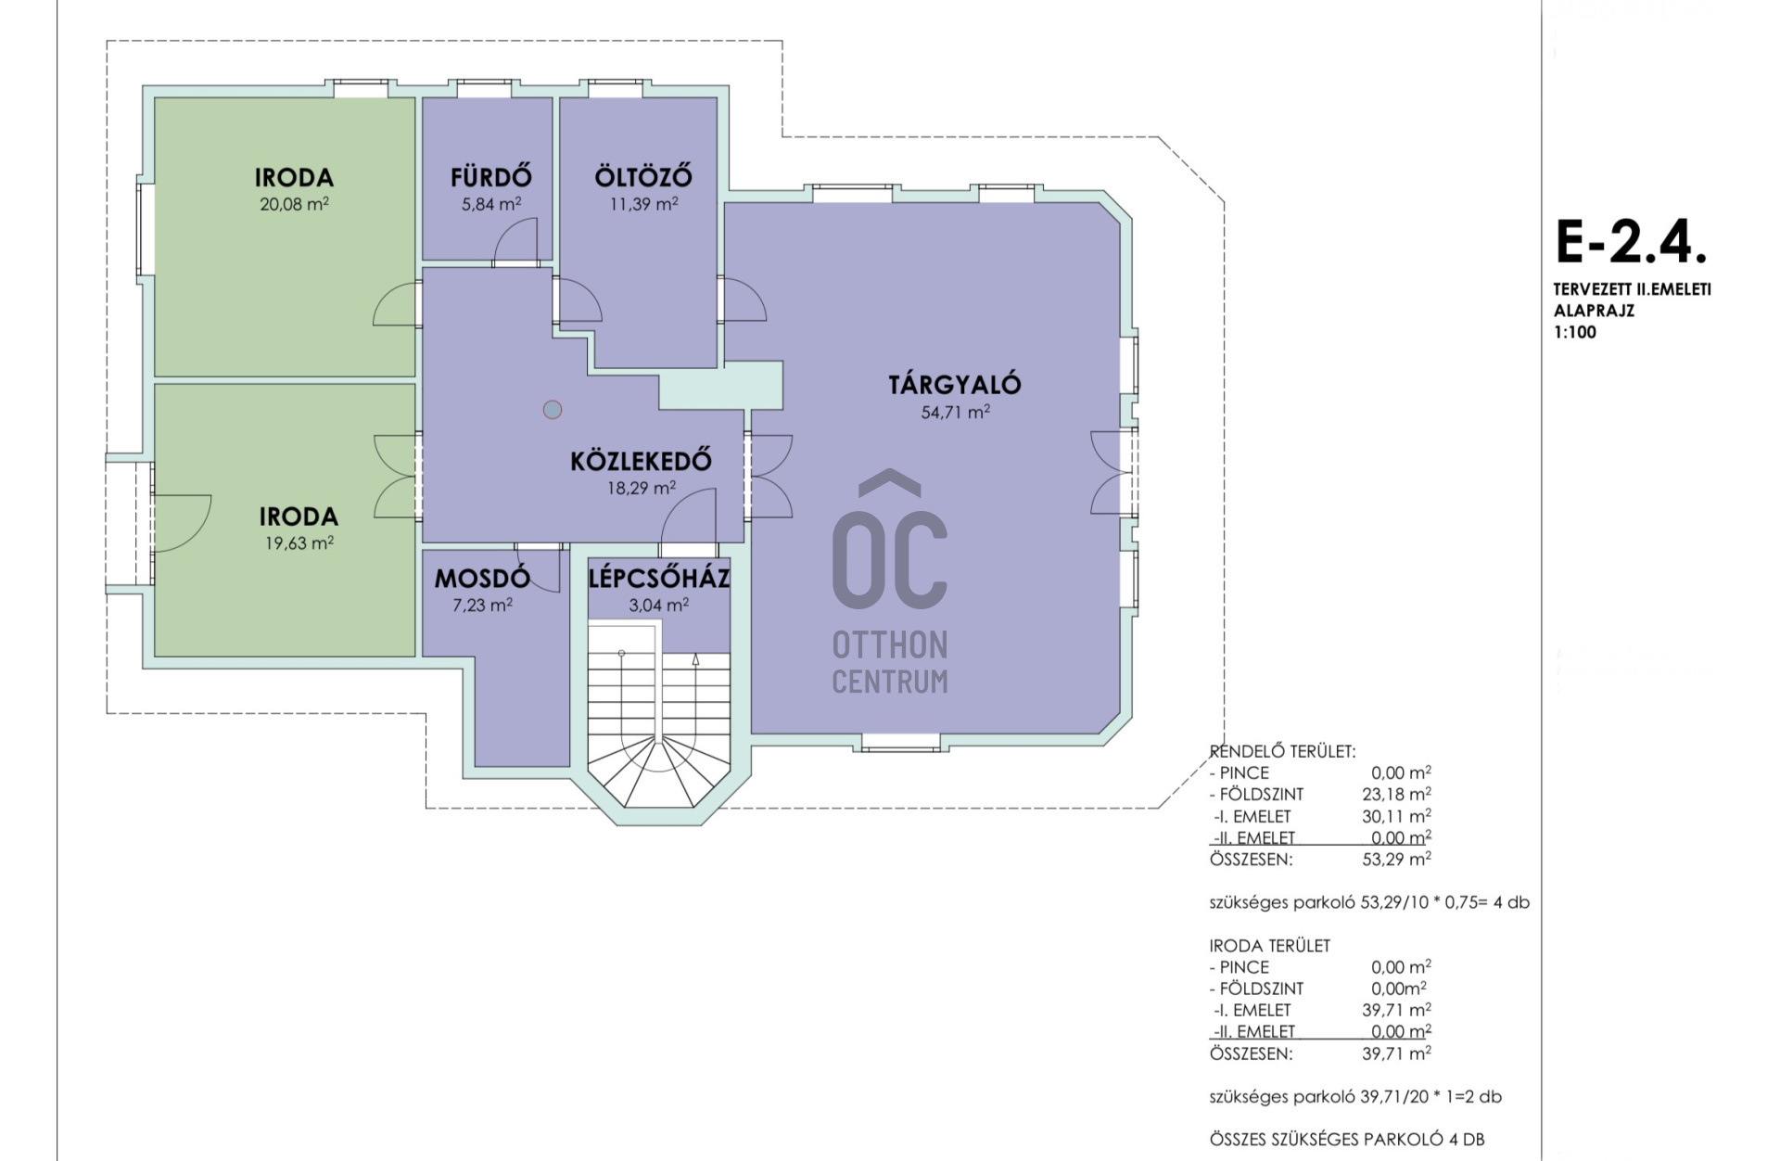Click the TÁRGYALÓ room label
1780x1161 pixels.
point(954,384)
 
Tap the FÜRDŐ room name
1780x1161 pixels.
point(491,176)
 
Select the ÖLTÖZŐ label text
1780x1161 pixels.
point(643,176)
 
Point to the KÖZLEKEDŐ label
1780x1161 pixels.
point(641,460)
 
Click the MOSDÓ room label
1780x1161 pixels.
point(482,579)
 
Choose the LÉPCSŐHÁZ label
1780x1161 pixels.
point(659,579)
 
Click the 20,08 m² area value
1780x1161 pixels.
point(294,204)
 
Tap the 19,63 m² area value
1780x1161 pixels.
point(299,542)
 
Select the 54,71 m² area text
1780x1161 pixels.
point(955,412)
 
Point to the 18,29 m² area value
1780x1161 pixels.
point(641,487)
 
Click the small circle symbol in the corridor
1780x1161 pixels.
point(553,409)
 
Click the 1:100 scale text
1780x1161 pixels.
point(1575,332)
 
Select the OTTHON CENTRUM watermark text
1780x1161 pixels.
point(890,662)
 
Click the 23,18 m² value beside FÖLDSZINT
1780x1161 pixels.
point(1396,794)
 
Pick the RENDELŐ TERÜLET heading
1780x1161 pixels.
point(1282,751)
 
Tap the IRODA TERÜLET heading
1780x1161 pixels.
point(1269,946)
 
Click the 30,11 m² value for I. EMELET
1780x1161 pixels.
point(1396,816)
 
